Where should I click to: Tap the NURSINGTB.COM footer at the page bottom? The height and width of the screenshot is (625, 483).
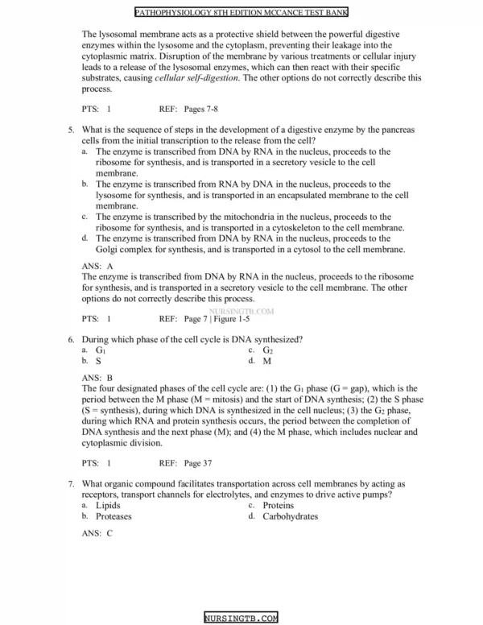241,618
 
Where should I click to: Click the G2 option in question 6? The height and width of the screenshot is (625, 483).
268,351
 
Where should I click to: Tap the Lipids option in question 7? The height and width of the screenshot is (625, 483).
108,506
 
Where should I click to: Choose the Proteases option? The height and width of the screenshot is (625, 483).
114,516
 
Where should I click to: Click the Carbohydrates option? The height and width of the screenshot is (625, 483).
290,516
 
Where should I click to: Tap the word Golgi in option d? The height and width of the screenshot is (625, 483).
108,250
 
